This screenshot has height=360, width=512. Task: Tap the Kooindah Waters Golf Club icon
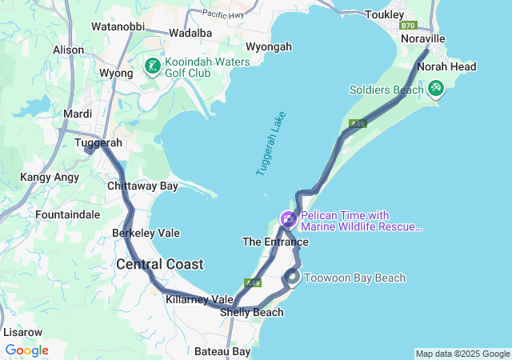pos(152,67)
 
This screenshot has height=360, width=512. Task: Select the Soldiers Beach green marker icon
pos(435,88)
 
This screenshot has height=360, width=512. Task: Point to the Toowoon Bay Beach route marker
pos(293,277)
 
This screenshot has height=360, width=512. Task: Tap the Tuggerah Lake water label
pos(271,144)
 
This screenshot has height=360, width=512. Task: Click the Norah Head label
pos(451,66)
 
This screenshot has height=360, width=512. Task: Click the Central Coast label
pos(159,264)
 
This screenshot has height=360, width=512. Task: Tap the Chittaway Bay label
pos(142,186)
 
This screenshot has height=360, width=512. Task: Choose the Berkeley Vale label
pos(146,233)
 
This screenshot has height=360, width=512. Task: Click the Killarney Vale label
pos(199,298)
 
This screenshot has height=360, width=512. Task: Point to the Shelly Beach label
pos(252,312)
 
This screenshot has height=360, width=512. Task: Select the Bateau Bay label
pos(222,351)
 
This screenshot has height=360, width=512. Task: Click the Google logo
pos(26,350)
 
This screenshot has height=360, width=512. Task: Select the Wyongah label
pos(268,47)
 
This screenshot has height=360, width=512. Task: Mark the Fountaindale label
pos(67,214)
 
